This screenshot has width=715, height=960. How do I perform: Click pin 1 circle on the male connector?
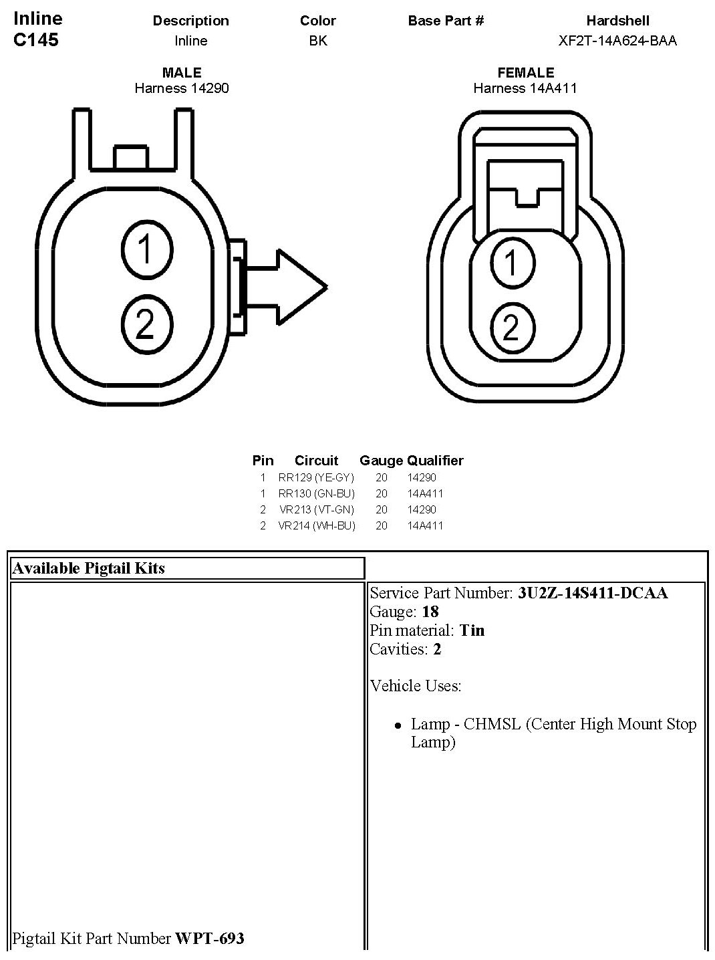tap(146, 250)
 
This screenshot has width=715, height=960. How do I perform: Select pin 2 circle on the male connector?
tap(146, 324)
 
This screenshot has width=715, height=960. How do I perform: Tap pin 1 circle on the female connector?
tap(512, 261)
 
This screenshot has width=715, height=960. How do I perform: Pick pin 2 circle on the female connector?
tap(512, 328)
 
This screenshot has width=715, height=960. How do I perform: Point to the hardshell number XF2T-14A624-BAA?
tap(617, 41)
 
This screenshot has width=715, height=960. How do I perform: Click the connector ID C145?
tap(36, 39)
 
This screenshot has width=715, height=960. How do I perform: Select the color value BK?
tap(318, 41)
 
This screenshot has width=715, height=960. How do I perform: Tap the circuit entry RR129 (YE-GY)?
tap(316, 477)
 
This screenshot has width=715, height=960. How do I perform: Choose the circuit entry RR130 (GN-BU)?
tap(316, 493)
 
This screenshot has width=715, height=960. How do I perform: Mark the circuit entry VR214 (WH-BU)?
tap(316, 525)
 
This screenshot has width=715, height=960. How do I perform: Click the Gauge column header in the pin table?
tap(381, 461)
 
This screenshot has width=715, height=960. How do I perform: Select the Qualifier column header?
tap(435, 461)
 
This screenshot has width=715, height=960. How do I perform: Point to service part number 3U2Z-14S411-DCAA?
tap(593, 593)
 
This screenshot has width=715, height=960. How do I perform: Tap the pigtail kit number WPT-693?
tap(210, 939)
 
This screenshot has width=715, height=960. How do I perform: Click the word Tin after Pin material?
tap(472, 630)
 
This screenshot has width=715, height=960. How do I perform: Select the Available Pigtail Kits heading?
tap(89, 568)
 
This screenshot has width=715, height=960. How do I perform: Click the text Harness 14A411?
tap(525, 88)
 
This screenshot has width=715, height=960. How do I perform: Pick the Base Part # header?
tap(446, 21)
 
